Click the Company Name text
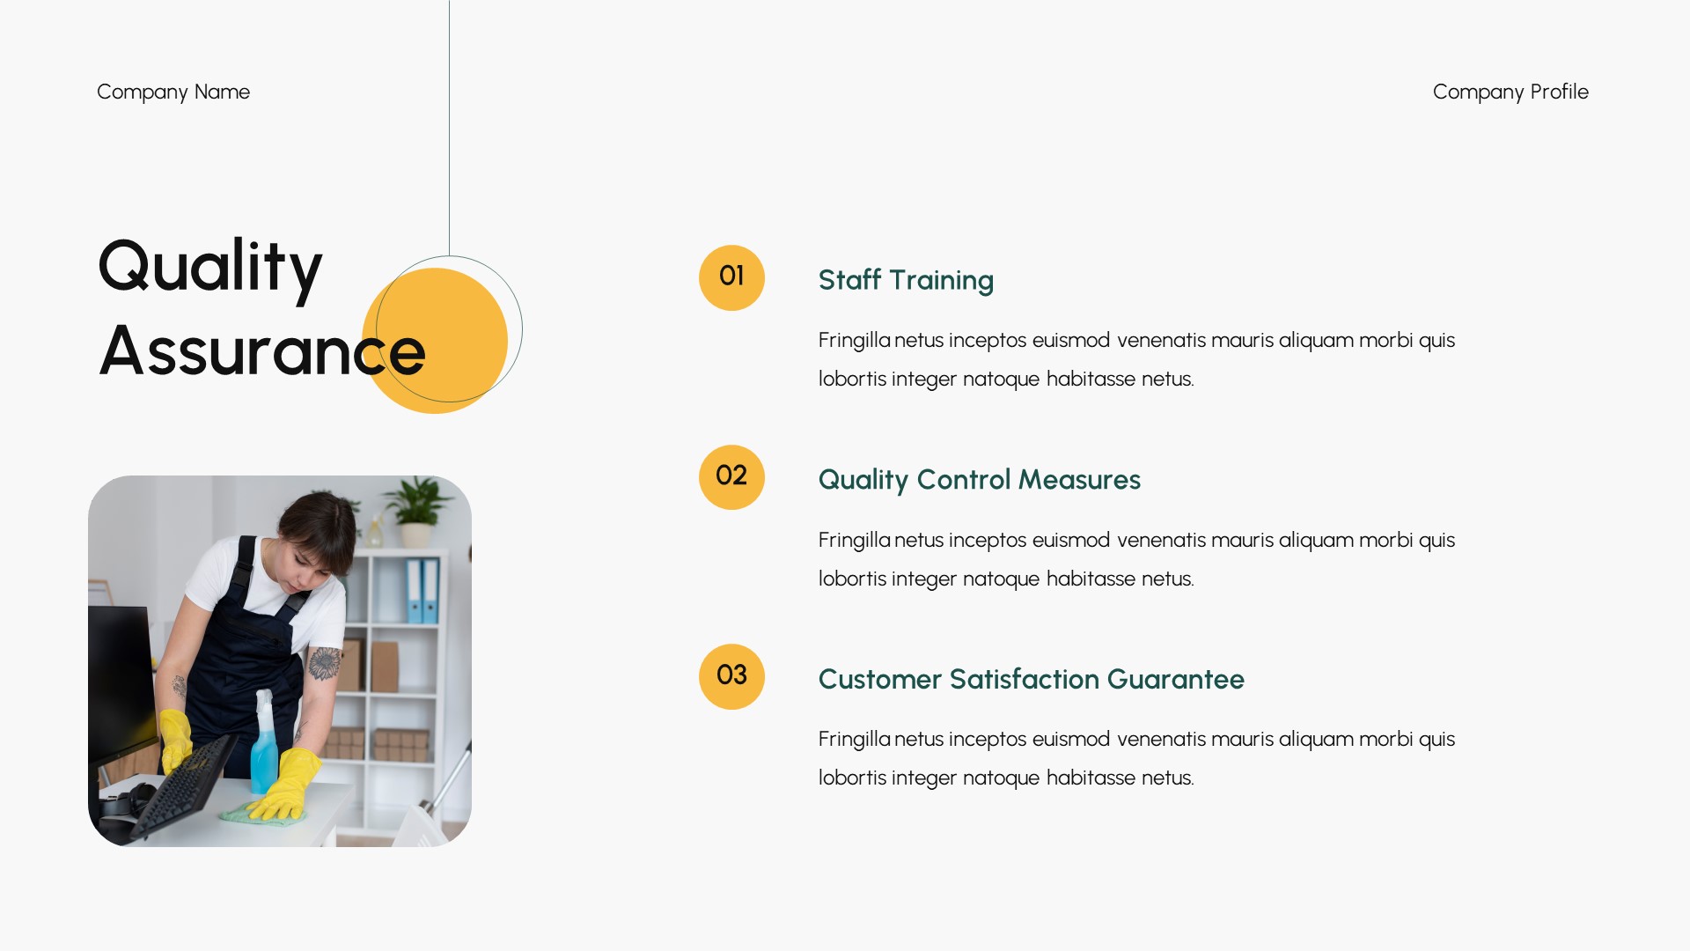click(173, 92)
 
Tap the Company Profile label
click(1510, 92)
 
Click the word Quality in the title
click(210, 267)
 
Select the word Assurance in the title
click(262, 351)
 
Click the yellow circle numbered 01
click(731, 277)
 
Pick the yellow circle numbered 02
click(731, 477)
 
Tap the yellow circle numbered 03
click(731, 676)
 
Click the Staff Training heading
click(906, 280)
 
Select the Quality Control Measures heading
click(979, 480)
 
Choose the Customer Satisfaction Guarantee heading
click(1031, 679)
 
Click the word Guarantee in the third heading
click(1175, 679)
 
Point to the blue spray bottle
click(263, 748)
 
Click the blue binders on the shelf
click(422, 590)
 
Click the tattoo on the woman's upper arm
click(324, 663)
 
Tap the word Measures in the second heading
click(1079, 480)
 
